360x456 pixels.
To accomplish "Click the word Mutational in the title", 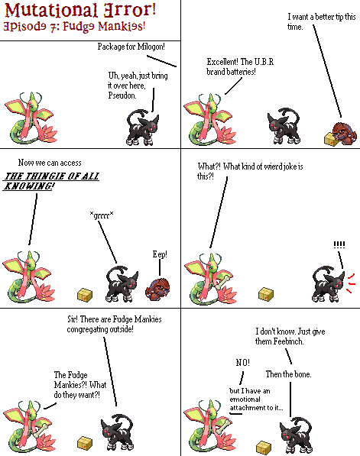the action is tap(51, 11).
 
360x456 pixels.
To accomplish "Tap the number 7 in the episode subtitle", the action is tap(54, 27).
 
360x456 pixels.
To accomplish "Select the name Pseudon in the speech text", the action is tap(122, 95).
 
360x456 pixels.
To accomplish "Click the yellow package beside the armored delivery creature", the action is tap(331, 139).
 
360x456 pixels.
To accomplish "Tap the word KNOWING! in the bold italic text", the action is tap(28, 186).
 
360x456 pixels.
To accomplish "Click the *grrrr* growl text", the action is tap(102, 215).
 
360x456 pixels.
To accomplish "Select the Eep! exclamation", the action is tap(160, 254).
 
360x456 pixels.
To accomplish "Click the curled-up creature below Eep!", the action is tap(157, 289).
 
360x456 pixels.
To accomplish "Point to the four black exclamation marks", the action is tap(339, 244).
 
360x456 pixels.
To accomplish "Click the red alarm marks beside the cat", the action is tap(351, 283).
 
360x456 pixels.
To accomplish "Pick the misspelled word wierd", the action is tap(273, 167).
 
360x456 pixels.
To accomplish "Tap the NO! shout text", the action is tap(243, 363).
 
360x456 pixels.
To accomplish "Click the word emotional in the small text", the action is tap(245, 399).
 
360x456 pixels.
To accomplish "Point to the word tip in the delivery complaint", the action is tap(339, 17).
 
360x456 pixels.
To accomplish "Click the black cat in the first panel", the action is tap(143, 128).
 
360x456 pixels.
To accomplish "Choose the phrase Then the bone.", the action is tap(288, 374).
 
